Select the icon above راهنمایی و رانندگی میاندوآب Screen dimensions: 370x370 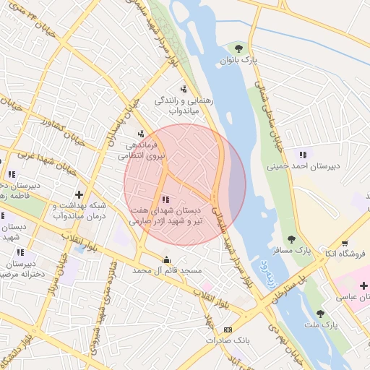click(184, 90)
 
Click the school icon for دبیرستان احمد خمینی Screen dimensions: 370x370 click(302, 154)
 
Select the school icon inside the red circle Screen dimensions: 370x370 click(165, 199)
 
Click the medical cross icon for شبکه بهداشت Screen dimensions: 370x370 click(79, 194)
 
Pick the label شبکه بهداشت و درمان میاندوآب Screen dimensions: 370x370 click(80, 210)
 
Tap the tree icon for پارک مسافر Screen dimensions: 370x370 click(292, 239)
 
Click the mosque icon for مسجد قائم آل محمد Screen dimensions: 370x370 click(167, 259)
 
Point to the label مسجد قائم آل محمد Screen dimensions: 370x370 click(167, 270)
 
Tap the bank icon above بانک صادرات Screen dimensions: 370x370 click(229, 330)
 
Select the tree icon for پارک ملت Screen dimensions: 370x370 click(320, 313)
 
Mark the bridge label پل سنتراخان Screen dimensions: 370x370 click(291, 289)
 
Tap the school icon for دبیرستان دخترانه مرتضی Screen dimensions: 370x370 click(20, 252)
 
